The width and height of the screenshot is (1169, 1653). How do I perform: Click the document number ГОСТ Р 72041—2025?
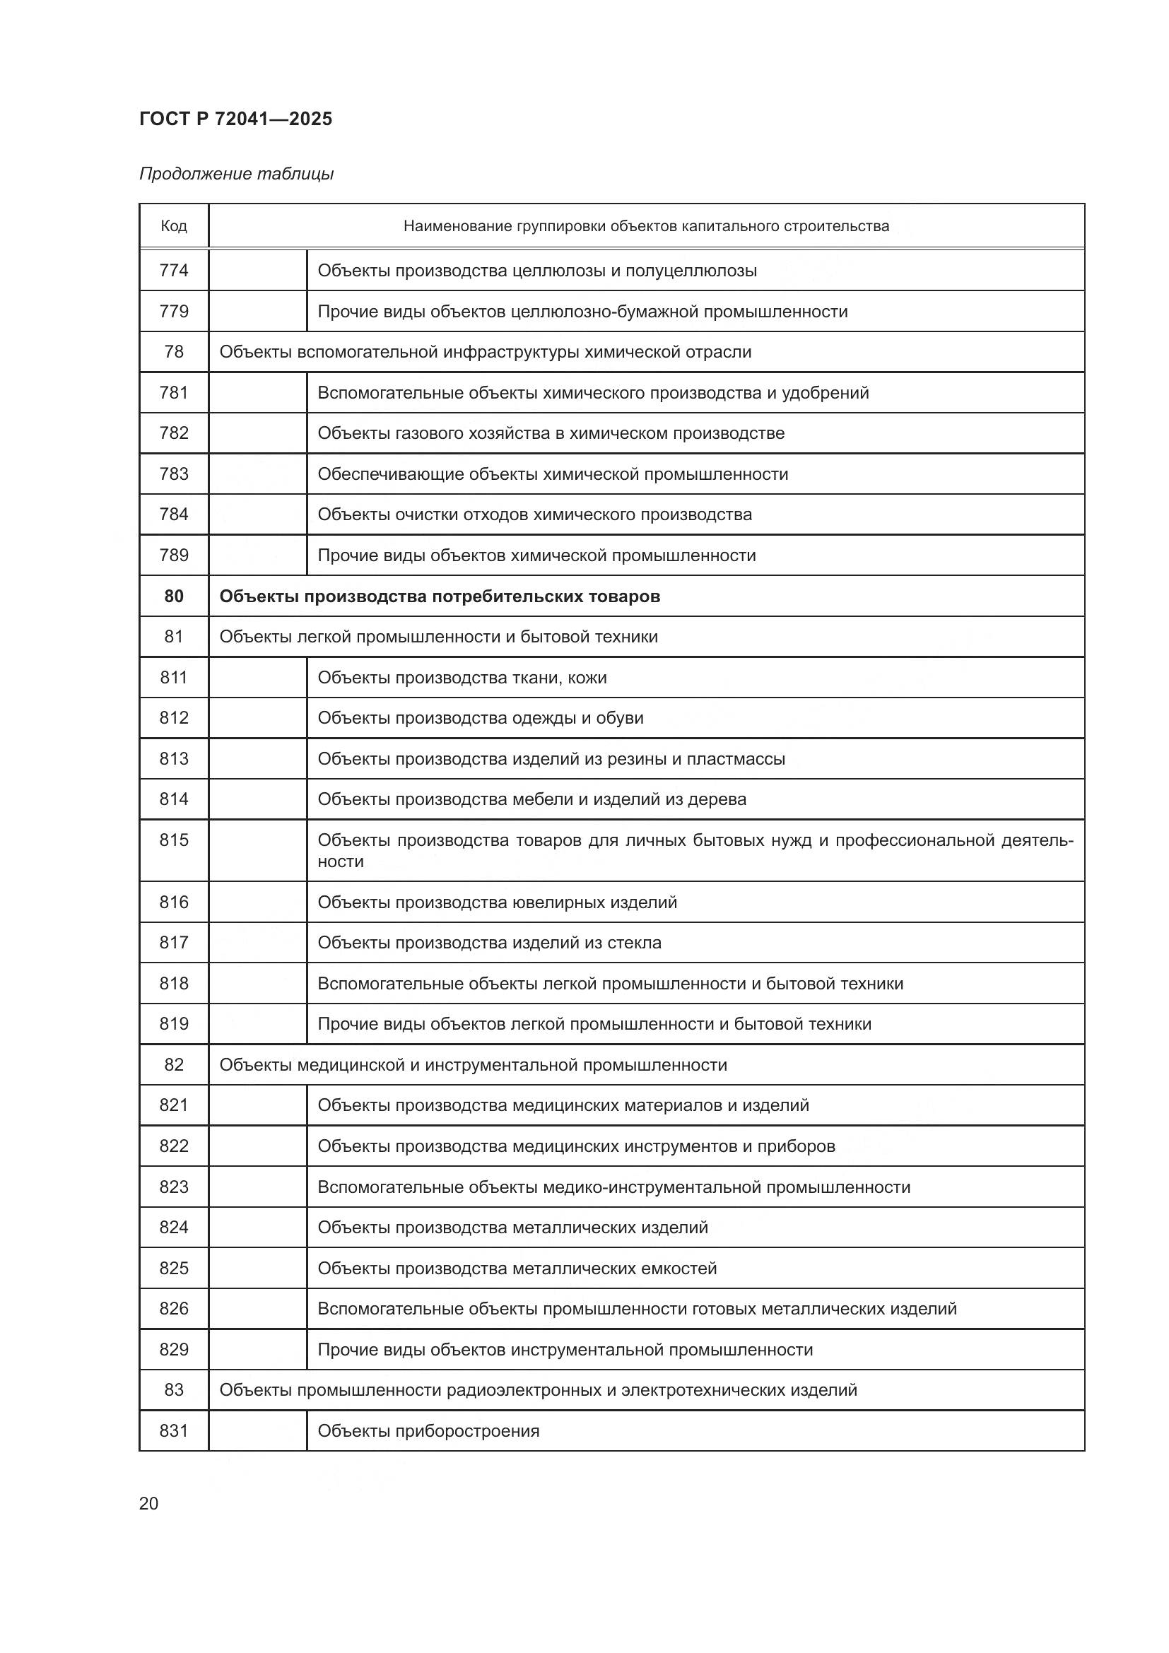(235, 119)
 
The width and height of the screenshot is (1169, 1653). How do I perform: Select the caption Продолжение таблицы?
(236, 175)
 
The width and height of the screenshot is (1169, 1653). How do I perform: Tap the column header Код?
(173, 226)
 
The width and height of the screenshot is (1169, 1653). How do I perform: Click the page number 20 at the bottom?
(148, 1503)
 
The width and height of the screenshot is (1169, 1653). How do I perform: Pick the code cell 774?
(173, 271)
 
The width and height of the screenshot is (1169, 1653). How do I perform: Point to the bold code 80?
(173, 596)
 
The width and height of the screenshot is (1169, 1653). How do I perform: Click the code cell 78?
(173, 352)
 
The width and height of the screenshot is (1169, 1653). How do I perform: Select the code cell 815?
(173, 840)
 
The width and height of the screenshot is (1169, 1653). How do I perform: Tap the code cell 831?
(173, 1430)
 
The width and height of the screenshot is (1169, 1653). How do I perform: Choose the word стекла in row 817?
(634, 943)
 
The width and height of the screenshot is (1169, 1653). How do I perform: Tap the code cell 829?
(173, 1349)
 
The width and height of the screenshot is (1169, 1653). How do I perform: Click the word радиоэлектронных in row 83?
(523, 1390)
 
